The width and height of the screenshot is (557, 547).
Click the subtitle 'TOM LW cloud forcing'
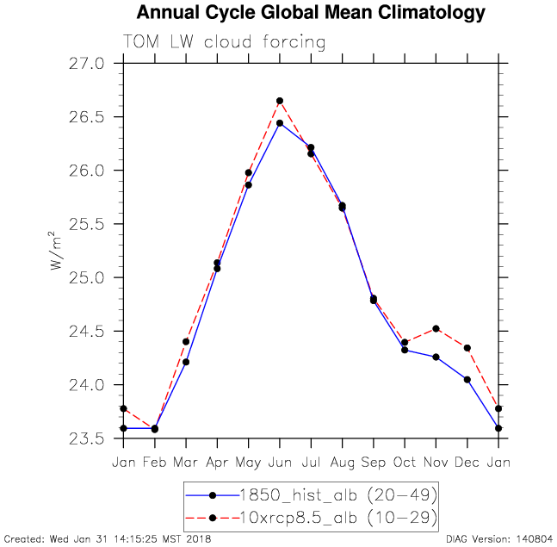225,42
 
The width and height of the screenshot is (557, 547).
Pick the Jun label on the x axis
280,463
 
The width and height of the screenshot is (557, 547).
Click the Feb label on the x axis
155,463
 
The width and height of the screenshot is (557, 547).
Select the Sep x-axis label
374,463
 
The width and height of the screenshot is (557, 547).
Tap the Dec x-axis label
467,463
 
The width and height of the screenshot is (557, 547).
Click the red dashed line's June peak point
280,101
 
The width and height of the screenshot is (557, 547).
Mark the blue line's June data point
280,123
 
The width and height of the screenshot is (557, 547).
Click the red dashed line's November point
436,328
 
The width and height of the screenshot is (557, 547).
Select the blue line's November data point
436,357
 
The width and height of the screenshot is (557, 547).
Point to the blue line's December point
467,379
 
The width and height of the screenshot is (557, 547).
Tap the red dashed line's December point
467,348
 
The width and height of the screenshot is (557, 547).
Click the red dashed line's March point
186,342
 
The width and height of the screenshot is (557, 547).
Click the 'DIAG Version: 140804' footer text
500,539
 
